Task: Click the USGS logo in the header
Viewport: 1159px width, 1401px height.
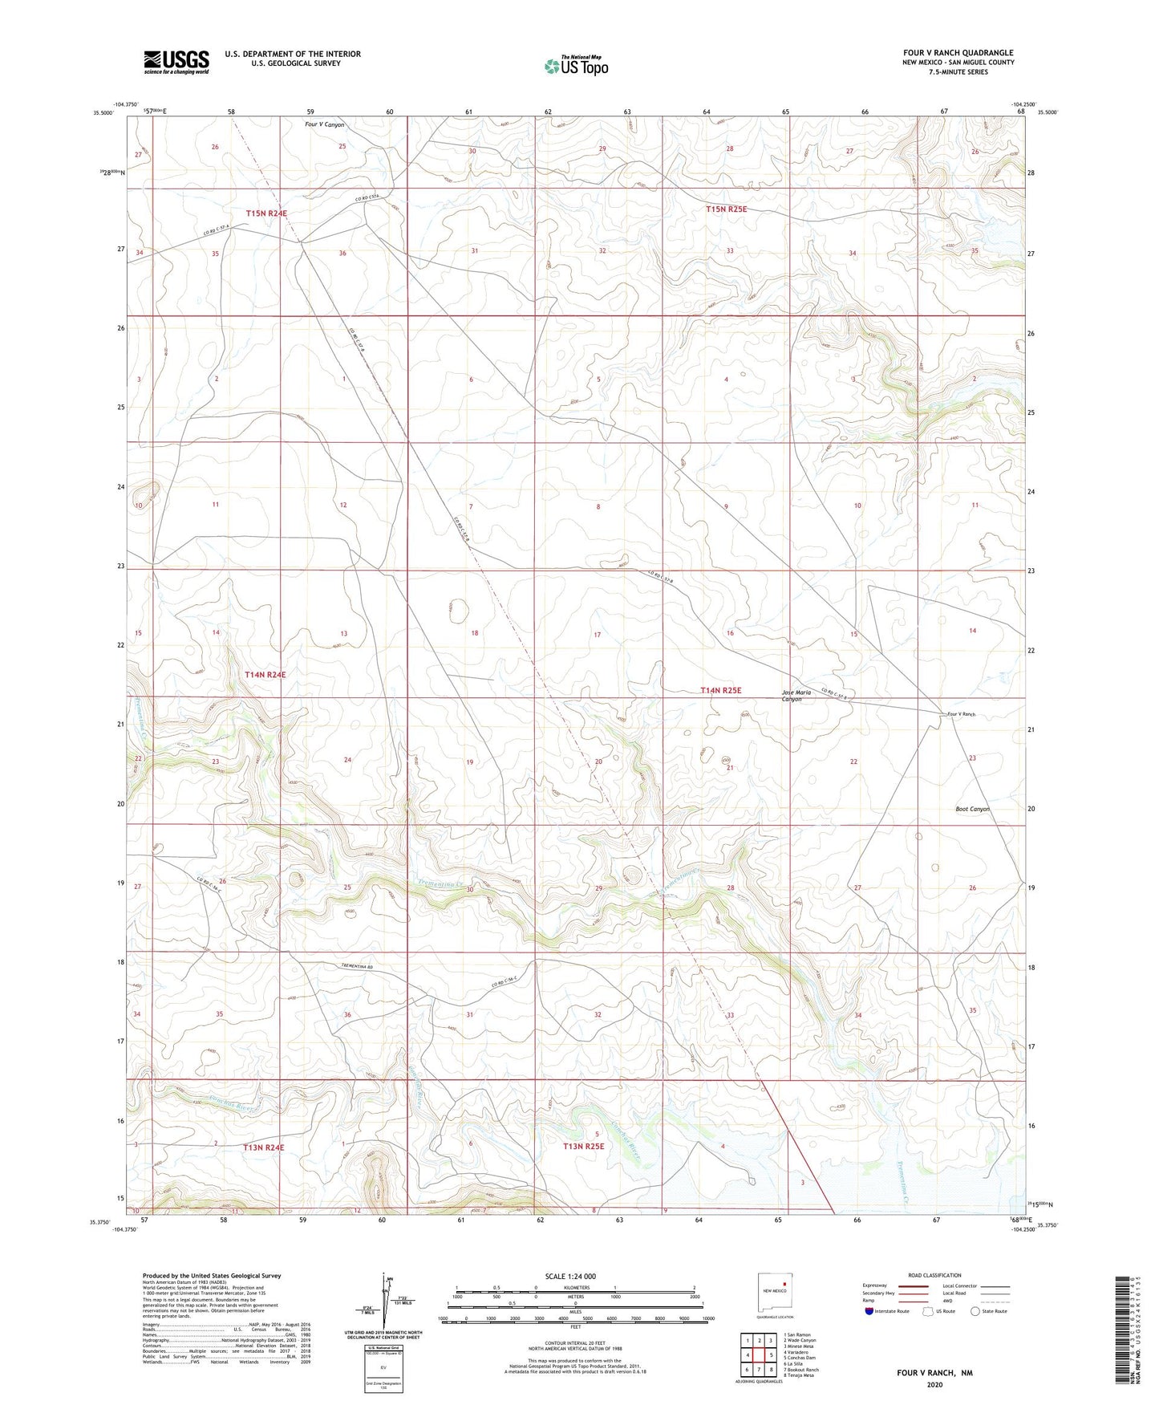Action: click(176, 62)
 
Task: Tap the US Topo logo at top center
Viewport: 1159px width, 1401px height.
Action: click(575, 66)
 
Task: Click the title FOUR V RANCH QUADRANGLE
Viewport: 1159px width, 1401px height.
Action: click(958, 53)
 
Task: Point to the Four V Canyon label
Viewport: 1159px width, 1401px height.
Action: click(325, 124)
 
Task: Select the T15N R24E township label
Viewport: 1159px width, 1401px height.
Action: click(266, 213)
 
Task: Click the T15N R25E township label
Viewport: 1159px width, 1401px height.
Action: click(726, 209)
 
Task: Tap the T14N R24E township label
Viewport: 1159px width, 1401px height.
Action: click(265, 675)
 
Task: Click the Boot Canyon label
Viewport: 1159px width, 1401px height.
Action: click(972, 809)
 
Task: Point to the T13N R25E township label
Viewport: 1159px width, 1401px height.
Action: click(583, 1147)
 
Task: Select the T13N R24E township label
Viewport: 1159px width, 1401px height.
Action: click(264, 1147)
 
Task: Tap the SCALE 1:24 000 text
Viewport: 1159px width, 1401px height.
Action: click(570, 1277)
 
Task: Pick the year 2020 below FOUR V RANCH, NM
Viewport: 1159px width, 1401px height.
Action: click(934, 1384)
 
